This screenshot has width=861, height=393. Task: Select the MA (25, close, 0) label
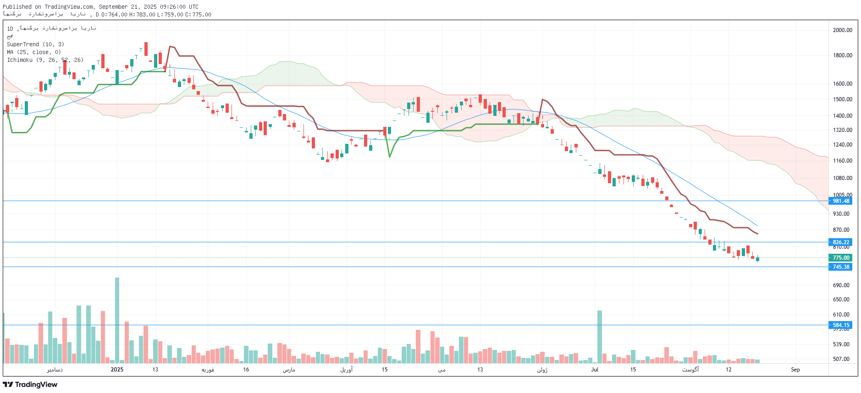point(33,52)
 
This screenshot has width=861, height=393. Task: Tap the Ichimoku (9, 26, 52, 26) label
point(45,60)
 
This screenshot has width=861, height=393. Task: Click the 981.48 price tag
point(840,201)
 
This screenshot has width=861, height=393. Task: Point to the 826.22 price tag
point(840,242)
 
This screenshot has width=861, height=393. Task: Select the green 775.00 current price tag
point(840,258)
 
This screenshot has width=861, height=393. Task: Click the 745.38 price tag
point(840,267)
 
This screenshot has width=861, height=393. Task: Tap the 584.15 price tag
point(840,325)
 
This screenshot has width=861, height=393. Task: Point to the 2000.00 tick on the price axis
point(842,30)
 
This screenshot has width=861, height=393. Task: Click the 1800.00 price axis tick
point(842,55)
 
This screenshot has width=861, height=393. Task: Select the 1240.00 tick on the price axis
point(842,145)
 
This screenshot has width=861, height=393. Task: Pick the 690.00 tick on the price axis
point(841,285)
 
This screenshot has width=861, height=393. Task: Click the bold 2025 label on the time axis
point(117,370)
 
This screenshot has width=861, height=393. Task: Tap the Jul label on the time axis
point(595,370)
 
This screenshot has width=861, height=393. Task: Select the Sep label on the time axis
point(795,370)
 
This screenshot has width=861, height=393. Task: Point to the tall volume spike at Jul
point(599,336)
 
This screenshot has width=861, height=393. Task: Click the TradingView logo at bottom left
point(30,384)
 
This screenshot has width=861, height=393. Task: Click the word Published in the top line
point(17,7)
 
